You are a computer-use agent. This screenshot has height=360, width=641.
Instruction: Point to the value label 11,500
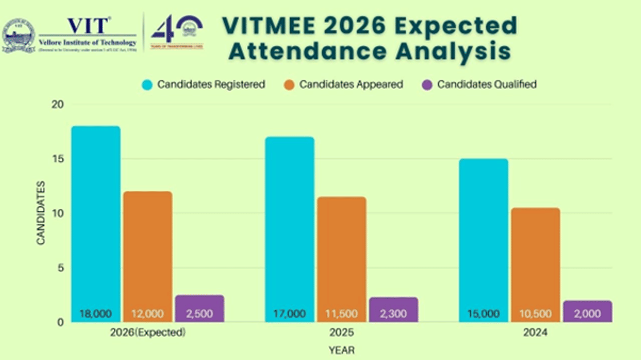pos(342,314)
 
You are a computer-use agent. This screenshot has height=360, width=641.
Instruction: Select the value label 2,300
pos(393,314)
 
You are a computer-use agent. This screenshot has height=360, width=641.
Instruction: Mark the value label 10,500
pos(536,314)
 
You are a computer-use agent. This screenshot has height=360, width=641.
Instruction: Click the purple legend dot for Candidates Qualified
pos(426,84)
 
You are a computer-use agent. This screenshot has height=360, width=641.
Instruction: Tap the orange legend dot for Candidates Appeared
pos(288,84)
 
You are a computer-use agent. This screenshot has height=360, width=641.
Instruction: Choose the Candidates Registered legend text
pos(211,84)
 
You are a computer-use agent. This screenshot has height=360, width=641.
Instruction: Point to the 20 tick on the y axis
pos(57,104)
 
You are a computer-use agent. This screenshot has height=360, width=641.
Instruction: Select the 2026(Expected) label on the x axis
pos(147,333)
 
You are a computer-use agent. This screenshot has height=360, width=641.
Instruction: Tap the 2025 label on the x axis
pos(341,333)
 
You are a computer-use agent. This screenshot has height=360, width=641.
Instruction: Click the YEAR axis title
pos(341,350)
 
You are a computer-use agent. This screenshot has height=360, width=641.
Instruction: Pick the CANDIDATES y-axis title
pos(41,213)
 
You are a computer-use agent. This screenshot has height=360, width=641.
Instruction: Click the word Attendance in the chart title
pos(308,51)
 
